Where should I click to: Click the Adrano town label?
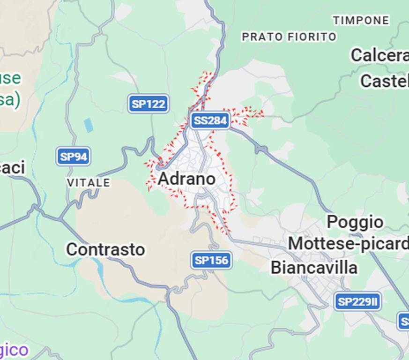[186, 179]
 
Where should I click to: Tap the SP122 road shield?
[149, 104]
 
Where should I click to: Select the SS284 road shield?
[210, 120]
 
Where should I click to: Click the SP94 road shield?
[74, 157]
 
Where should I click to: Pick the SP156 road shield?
[211, 260]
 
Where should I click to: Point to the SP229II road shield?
[357, 302]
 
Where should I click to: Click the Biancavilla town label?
[314, 268]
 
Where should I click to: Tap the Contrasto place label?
[105, 249]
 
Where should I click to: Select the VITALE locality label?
[89, 182]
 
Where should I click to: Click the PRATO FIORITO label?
[289, 37]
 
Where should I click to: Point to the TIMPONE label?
[361, 21]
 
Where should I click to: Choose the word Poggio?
[355, 222]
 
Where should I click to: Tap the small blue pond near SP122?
[88, 125]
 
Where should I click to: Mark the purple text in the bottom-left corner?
[14, 350]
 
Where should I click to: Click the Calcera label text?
[379, 55]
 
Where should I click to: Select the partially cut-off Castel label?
[384, 81]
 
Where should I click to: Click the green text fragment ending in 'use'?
[10, 78]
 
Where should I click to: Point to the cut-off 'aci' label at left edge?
[12, 167]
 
